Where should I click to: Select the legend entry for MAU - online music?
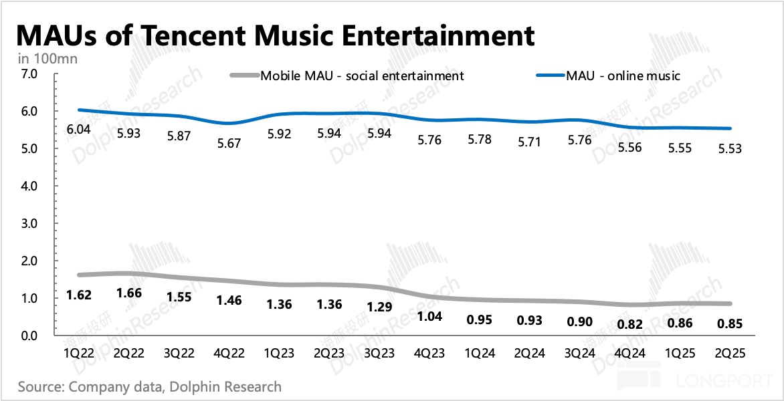pyautogui.click(x=623, y=76)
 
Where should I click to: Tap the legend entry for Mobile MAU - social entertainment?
pyautogui.click(x=362, y=76)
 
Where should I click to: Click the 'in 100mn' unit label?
pyautogui.click(x=47, y=59)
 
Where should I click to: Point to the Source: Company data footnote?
pyautogui.click(x=149, y=386)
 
